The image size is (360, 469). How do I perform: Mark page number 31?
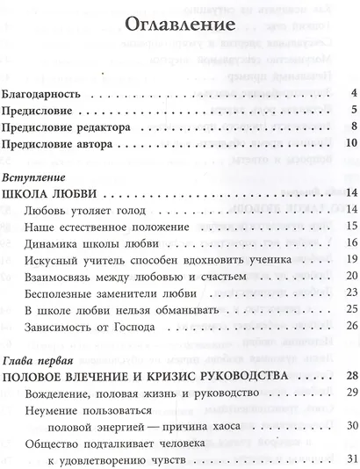point(349,461)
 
